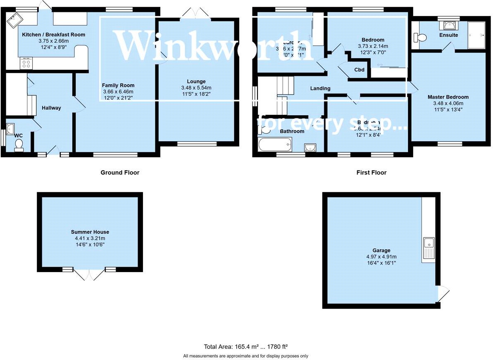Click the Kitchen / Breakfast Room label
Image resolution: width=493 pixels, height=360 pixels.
tap(53, 35)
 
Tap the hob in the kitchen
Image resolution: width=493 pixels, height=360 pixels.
tap(26, 63)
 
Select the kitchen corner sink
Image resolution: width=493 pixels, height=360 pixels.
tap(15, 19)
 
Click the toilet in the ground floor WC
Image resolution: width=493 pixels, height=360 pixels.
tap(19, 145)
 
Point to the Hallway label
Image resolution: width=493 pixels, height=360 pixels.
tap(51, 108)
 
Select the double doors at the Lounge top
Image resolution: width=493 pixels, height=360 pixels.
tap(197, 13)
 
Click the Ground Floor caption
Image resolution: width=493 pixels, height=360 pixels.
tap(120, 173)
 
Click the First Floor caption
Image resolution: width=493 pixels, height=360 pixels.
tap(371, 173)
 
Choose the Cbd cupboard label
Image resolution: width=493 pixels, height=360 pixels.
tap(359, 70)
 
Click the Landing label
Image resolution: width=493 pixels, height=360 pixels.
tap(320, 88)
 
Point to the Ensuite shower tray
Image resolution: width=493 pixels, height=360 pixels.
tap(476, 35)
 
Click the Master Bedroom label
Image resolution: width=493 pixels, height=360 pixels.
tap(448, 97)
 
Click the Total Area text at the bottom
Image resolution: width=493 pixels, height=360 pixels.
tap(248, 347)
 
